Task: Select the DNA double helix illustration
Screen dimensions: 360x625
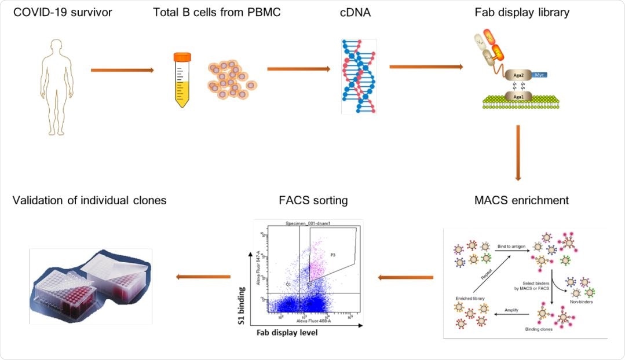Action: [359, 75]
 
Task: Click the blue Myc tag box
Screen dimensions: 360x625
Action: [540, 75]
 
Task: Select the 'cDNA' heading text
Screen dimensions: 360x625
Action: [358, 12]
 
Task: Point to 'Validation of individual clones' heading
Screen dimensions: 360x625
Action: [89, 200]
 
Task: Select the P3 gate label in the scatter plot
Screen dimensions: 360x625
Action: [332, 254]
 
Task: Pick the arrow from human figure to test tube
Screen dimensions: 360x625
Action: [122, 70]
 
